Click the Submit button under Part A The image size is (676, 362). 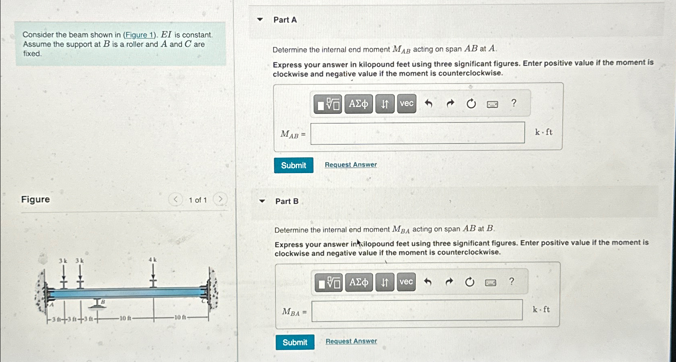click(x=294, y=165)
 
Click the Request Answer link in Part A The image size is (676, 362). click(x=351, y=165)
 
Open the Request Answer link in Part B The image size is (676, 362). click(x=351, y=341)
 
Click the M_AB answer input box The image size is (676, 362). click(x=417, y=133)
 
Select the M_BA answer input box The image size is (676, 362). click(x=417, y=310)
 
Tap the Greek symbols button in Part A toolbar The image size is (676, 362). click(x=358, y=104)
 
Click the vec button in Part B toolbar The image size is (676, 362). click(x=406, y=282)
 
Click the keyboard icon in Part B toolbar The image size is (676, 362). click(x=490, y=283)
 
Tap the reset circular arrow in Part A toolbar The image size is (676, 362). click(x=471, y=104)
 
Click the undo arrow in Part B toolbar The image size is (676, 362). click(x=428, y=282)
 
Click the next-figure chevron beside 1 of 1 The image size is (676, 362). click(x=220, y=199)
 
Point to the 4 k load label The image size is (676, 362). click(x=153, y=259)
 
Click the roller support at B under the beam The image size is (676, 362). click(x=97, y=304)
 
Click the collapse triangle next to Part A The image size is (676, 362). click(x=260, y=19)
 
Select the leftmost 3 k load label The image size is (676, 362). click(x=63, y=261)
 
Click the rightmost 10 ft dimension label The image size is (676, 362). click(x=180, y=317)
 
